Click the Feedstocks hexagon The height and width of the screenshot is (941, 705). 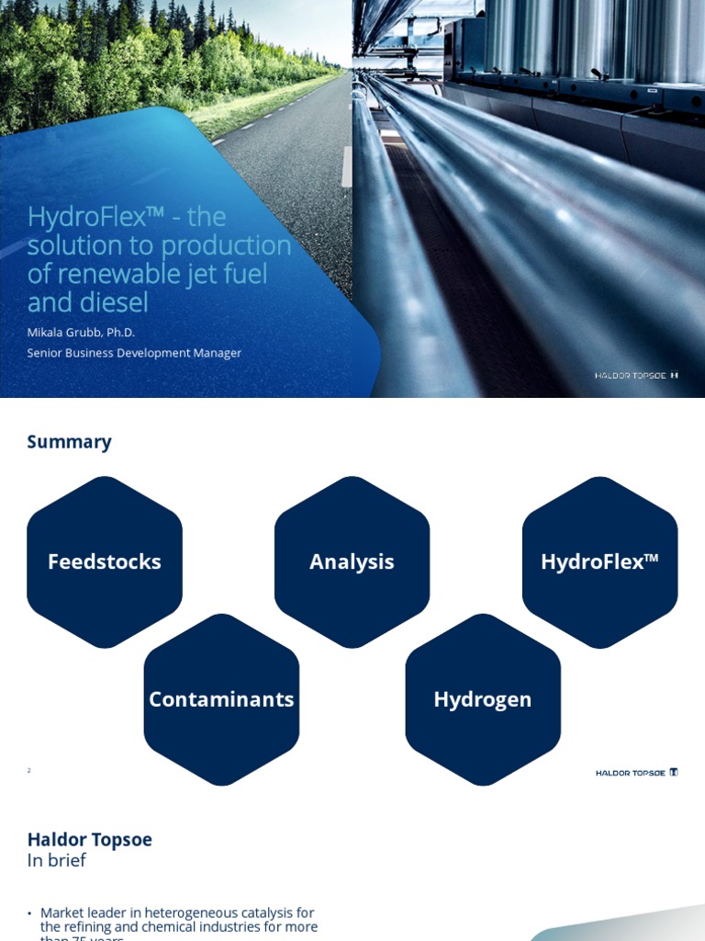click(105, 561)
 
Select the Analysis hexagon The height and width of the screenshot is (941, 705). click(352, 561)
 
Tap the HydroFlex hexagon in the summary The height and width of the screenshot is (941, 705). click(599, 561)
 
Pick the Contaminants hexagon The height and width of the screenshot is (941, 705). click(221, 699)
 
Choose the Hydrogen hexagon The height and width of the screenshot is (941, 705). click(483, 699)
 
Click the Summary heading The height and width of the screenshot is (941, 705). click(69, 442)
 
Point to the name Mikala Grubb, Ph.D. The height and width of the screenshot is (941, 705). click(81, 333)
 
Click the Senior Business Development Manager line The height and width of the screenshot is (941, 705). click(134, 353)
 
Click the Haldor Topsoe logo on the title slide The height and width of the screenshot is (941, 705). click(636, 375)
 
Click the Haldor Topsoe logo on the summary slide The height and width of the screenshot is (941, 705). click(636, 773)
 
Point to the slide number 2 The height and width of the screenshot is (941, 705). click(29, 770)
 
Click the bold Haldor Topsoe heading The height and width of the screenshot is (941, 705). click(90, 839)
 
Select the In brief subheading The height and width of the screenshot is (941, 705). click(56, 860)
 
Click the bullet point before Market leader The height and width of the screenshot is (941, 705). click(30, 913)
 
